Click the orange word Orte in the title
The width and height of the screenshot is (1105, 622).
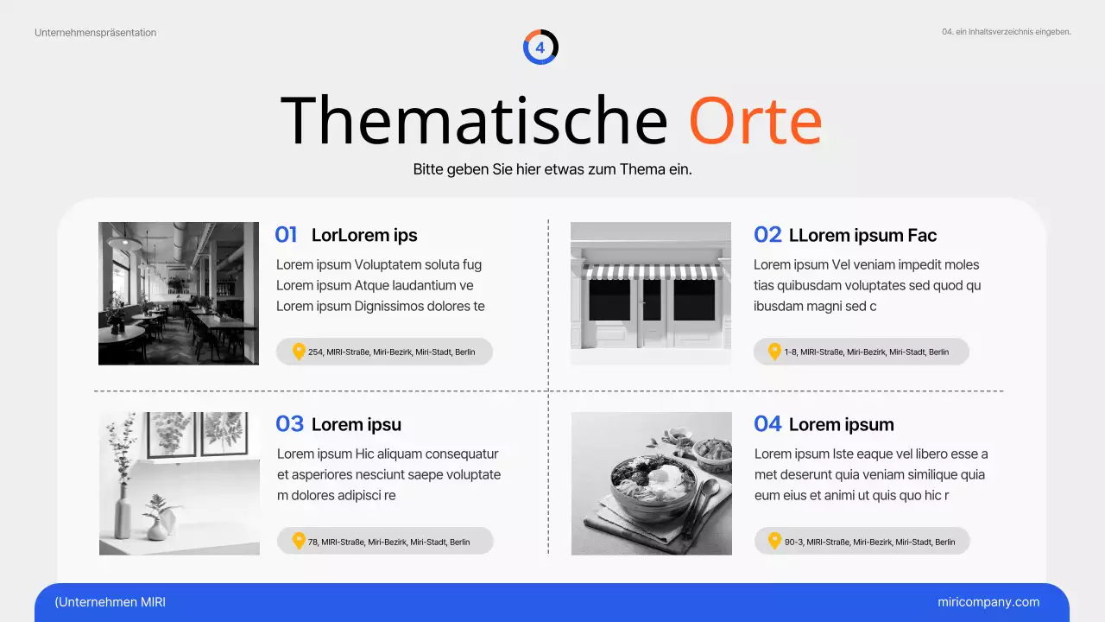click(755, 121)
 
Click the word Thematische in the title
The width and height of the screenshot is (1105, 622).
click(475, 121)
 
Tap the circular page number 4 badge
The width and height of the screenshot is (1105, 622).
click(540, 48)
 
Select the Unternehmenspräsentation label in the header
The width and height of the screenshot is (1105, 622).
click(96, 33)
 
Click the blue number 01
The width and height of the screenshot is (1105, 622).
click(286, 235)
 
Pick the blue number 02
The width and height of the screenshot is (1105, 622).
click(767, 235)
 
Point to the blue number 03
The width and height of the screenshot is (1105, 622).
click(289, 424)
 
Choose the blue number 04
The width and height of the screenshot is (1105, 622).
click(767, 424)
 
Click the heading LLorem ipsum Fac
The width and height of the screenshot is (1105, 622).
click(862, 235)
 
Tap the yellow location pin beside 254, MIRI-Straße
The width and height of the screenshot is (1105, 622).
click(299, 352)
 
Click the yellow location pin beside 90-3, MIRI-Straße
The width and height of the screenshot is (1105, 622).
click(774, 542)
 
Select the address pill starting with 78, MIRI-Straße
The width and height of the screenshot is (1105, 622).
click(385, 542)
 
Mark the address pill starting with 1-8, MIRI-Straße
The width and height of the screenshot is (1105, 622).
click(862, 352)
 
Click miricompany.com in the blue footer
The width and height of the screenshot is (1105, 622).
click(988, 602)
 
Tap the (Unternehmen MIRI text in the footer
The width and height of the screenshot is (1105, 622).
click(110, 602)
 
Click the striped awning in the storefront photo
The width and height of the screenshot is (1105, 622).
click(651, 270)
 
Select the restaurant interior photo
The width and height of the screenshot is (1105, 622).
click(178, 293)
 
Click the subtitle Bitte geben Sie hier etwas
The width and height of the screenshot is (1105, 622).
click(552, 169)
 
